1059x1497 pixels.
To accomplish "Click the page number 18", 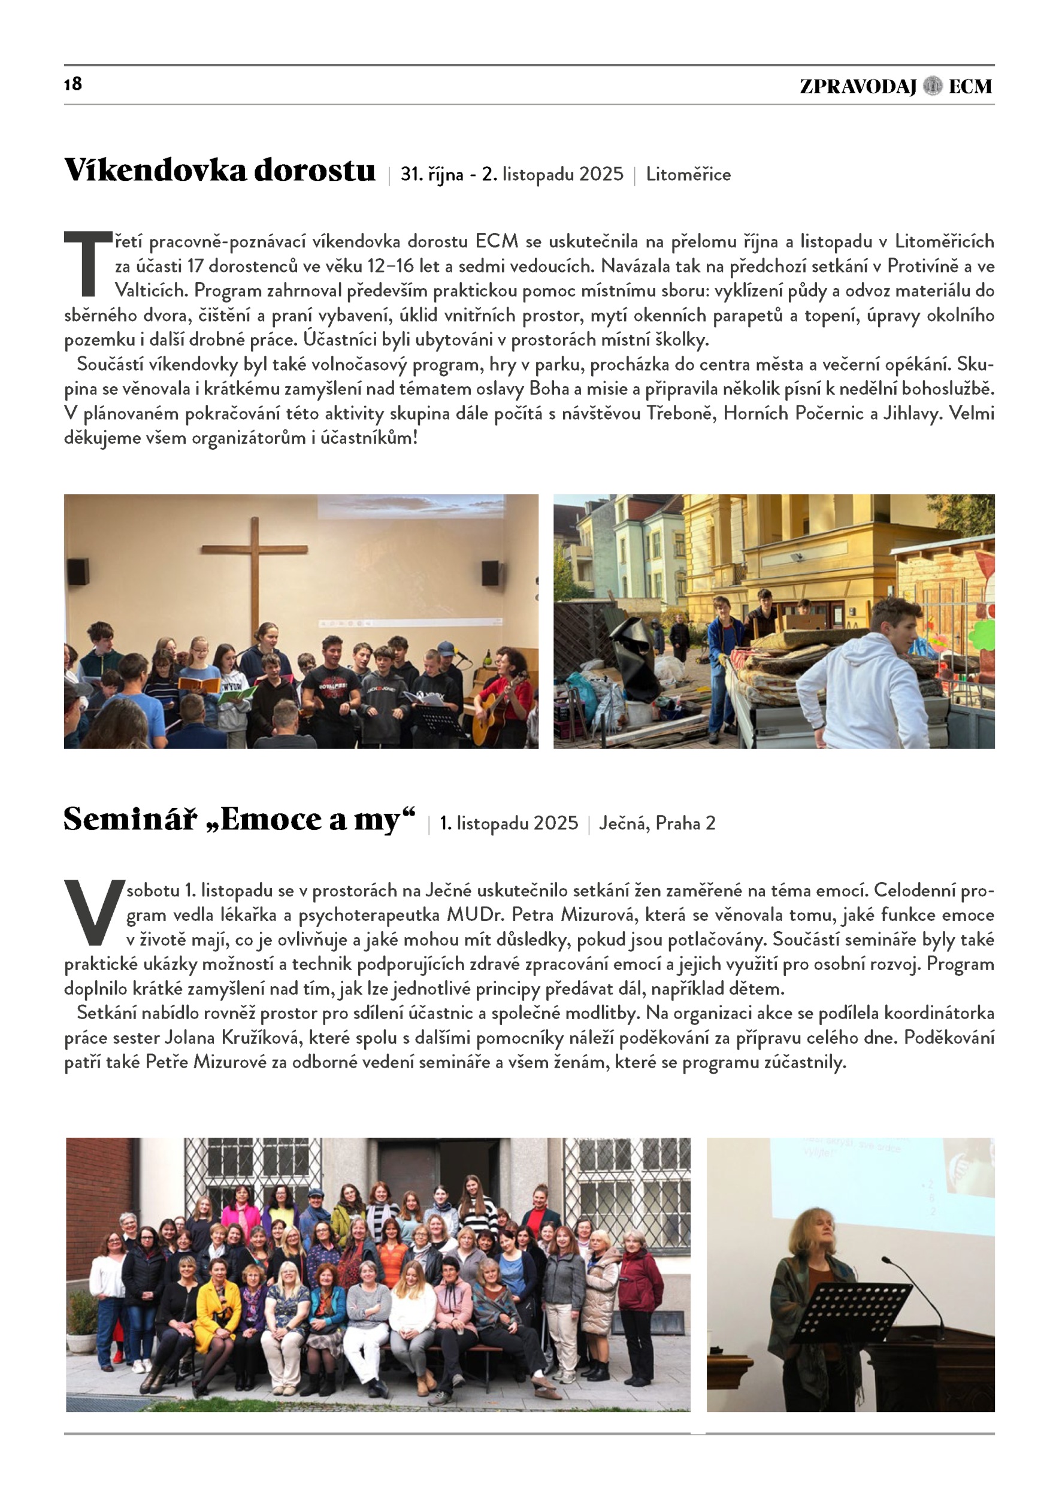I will (x=73, y=83).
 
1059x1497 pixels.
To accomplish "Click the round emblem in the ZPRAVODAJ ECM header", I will (x=933, y=86).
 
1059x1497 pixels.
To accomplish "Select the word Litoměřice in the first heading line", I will (x=688, y=175).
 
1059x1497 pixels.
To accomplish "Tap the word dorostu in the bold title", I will (x=314, y=171).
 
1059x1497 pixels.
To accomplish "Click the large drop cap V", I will (x=94, y=911).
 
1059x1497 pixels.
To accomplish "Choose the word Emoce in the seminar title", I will (x=272, y=820).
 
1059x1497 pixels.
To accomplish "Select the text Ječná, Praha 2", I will (x=656, y=823).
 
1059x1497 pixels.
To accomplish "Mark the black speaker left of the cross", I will (x=78, y=572).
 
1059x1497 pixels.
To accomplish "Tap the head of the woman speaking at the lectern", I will (x=812, y=1229).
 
